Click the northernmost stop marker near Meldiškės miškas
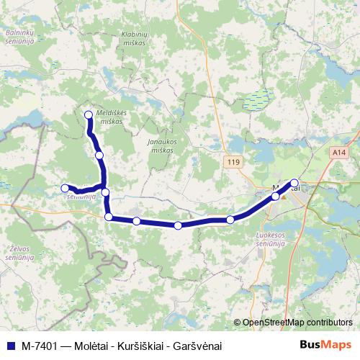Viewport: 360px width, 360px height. click(x=89, y=114)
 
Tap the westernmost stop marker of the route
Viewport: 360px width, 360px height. click(x=65, y=188)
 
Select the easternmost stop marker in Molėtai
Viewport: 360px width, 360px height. click(x=294, y=183)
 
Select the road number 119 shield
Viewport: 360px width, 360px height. click(x=232, y=163)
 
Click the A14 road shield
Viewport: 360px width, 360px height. click(x=339, y=153)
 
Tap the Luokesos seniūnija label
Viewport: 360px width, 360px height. click(x=271, y=238)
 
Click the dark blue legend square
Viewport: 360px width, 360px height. click(x=9, y=346)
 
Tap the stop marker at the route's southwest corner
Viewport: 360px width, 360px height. click(x=109, y=217)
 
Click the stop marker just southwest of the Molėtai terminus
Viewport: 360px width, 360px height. click(x=275, y=196)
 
